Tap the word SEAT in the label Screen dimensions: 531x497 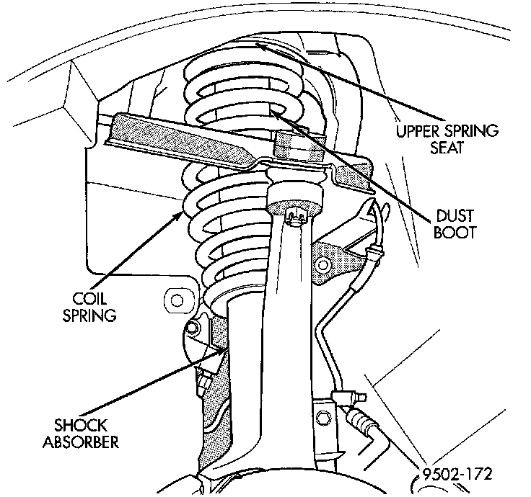pos(447,147)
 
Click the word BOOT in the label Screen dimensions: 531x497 pos(455,232)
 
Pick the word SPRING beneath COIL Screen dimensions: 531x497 pos(89,315)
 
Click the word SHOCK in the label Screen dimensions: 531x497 pos(81,425)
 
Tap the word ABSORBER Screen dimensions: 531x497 pos(81,442)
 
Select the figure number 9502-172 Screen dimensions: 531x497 pos(457,474)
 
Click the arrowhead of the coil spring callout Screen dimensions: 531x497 pos(179,215)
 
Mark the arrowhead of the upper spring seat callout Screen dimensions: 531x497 pos(260,46)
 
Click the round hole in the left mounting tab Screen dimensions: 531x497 pos(177,300)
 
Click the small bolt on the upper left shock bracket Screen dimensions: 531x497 pos(193,327)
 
